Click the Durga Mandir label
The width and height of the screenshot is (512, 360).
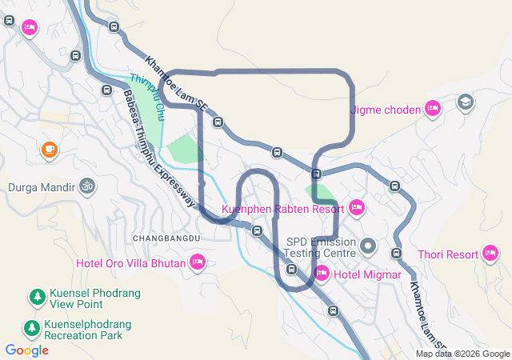click(x=40, y=189)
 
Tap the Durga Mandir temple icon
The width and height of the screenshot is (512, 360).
click(x=86, y=186)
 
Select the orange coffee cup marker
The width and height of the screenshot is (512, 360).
click(x=50, y=149)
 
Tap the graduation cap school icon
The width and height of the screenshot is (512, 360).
click(x=465, y=102)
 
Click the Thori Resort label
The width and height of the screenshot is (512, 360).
click(x=447, y=255)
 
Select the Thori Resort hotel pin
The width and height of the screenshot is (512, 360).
click(x=491, y=254)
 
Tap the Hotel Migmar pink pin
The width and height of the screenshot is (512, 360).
click(x=322, y=274)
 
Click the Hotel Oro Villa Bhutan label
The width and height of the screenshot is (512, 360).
click(x=130, y=262)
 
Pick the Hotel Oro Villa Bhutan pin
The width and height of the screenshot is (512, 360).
click(x=197, y=262)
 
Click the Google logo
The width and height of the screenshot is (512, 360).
click(x=26, y=350)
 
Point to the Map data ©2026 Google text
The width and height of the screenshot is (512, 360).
click(x=462, y=354)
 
